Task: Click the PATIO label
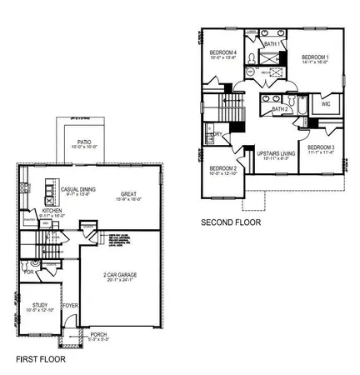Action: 84,142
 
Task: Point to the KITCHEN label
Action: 52,212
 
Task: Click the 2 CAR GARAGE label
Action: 120,274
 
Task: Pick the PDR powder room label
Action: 30,272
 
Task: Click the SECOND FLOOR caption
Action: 231,222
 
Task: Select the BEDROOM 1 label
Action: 315,57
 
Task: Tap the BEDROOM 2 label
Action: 223,167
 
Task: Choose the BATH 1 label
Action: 272,43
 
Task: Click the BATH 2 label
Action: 280,109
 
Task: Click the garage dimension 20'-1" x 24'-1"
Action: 120,280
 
